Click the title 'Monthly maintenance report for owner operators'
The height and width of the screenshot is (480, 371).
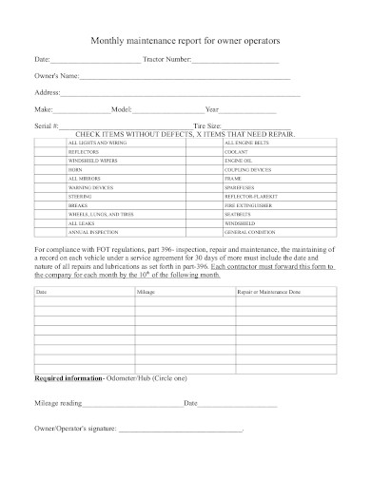click(x=185, y=43)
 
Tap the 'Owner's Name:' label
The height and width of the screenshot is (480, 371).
click(x=56, y=77)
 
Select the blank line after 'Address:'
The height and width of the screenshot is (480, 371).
click(x=181, y=93)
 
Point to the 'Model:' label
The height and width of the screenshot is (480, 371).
click(x=123, y=109)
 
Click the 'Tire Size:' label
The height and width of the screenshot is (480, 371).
click(x=207, y=125)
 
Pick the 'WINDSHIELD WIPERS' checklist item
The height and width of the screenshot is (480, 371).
click(x=90, y=161)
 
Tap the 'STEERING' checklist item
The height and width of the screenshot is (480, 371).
click(x=80, y=196)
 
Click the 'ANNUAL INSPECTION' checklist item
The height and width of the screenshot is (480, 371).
click(x=90, y=231)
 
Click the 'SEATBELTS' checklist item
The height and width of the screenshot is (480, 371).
click(x=237, y=214)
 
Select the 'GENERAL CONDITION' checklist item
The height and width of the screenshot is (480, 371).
click(x=248, y=231)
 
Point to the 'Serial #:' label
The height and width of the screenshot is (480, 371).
click(x=48, y=125)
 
